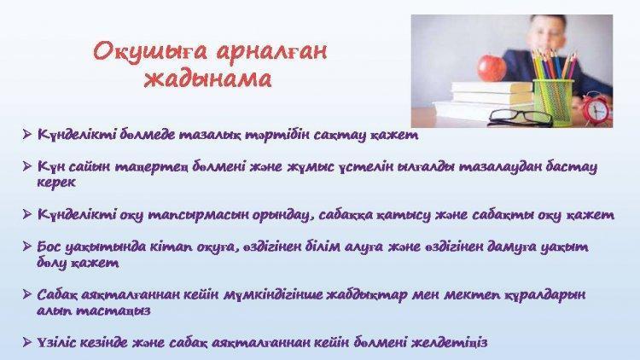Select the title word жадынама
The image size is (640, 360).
click(207, 78)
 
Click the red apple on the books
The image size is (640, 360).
click(491, 67)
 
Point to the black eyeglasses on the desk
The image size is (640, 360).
click(521, 117)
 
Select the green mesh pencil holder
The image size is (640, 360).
click(552, 102)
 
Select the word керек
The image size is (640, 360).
click(56, 183)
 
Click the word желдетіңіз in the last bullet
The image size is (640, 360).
click(450, 342)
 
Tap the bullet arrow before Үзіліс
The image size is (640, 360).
click(27, 342)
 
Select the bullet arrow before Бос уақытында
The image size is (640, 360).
click(27, 247)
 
